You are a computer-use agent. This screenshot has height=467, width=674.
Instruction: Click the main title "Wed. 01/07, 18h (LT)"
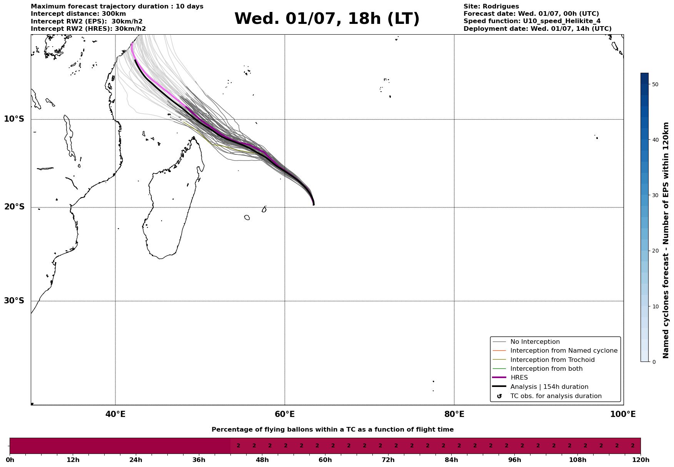coord(327,19)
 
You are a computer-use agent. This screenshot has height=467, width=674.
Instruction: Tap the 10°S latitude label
coord(14,119)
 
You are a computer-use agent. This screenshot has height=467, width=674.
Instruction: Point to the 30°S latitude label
coord(14,301)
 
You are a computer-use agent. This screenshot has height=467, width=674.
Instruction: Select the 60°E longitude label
coord(285,414)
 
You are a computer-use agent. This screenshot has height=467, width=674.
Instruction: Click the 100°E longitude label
coord(623,414)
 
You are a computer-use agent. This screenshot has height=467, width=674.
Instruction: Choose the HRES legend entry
coord(519,378)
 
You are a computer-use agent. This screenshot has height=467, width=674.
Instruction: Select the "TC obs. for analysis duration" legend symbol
coord(499,396)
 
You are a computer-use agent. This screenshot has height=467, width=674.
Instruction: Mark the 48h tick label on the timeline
coord(262,460)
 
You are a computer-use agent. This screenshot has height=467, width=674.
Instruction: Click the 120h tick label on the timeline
coord(641,460)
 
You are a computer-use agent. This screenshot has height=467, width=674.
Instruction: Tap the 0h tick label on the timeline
coord(10,460)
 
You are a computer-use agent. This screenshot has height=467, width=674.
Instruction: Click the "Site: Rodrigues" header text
coord(491,7)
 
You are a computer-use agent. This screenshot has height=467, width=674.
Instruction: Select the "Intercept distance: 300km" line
coord(78,14)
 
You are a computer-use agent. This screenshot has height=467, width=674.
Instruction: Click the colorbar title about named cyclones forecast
coord(666,240)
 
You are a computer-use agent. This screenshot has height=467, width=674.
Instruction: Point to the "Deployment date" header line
coord(537,29)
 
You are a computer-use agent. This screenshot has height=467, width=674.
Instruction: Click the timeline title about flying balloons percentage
coord(332,430)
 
